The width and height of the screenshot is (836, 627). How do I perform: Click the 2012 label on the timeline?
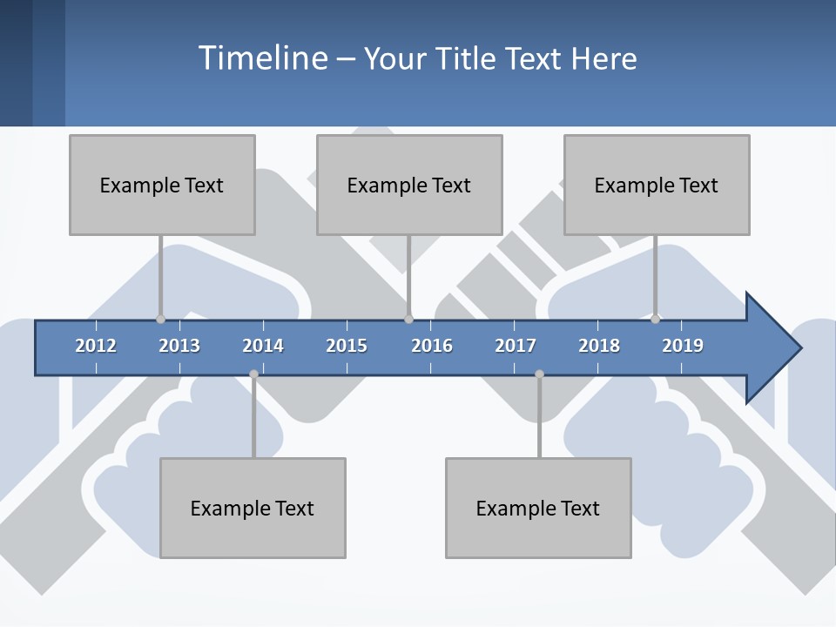pos(96,346)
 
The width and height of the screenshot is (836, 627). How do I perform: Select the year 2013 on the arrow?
pos(179,346)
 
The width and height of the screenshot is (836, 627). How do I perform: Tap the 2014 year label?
pos(263,346)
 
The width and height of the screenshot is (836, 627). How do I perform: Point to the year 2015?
pos(347,346)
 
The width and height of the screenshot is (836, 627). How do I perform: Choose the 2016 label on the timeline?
pos(432,346)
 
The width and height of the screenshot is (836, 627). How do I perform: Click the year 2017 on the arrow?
pos(516,346)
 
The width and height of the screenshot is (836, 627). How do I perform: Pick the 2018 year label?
pos(599,346)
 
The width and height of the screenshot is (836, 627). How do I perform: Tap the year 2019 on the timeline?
pos(683,346)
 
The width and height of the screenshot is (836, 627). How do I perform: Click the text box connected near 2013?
pos(162,185)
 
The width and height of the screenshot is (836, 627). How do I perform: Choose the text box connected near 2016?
pos(409,185)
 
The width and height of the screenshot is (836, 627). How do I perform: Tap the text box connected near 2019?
pos(657,185)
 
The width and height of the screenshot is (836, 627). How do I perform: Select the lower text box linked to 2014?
pos(253,508)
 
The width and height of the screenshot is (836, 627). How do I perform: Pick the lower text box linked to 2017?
pos(538,508)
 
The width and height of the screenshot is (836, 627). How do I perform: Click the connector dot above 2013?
pos(160,320)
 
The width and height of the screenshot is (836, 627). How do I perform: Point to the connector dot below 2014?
pos(253,374)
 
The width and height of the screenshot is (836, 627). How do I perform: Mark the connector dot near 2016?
pos(408,320)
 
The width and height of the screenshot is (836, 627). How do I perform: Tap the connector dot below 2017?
pos(539,374)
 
